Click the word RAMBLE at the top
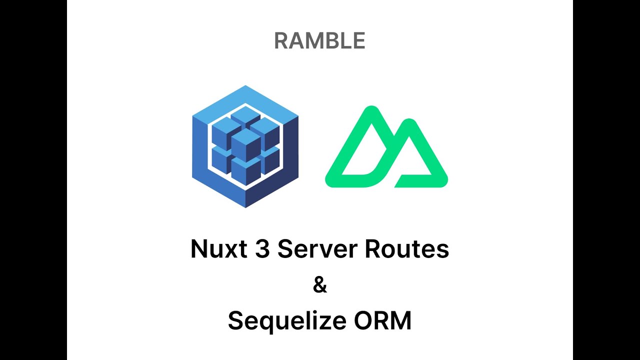[x=319, y=41]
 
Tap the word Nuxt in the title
[x=218, y=248]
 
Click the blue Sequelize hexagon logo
[x=245, y=146]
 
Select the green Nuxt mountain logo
[x=386, y=148]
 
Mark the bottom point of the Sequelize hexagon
[x=245, y=206]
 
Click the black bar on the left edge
[x=33, y=180]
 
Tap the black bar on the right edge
[x=606, y=180]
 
